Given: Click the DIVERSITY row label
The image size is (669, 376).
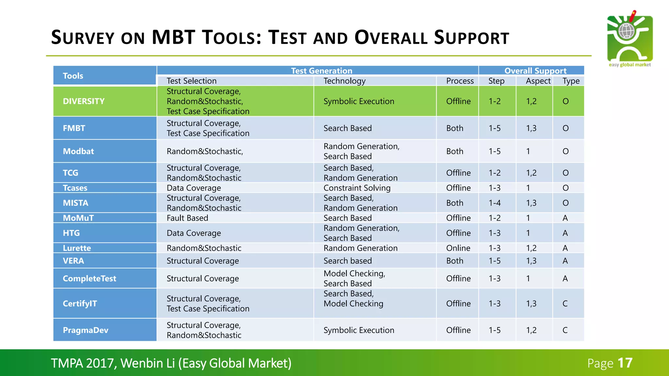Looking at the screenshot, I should coord(84,101).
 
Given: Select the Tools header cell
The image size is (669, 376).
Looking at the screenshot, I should coord(73,76).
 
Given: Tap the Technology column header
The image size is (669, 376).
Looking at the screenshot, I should coord(344,81).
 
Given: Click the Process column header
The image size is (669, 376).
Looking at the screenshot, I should coord(460,81).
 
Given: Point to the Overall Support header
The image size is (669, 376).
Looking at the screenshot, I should coord(535,70).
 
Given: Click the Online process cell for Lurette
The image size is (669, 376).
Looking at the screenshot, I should coord(458,248).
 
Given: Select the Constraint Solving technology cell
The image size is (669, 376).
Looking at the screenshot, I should coord(357,188).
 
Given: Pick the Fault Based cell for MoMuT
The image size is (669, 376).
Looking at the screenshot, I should coord(187,218).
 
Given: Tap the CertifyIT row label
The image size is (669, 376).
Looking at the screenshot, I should coord(80,304).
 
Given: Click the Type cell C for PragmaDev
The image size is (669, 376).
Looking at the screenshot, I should coord(565,330).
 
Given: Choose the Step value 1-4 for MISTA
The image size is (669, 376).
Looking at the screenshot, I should coord(494,203).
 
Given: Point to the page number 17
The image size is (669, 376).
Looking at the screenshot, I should coord(625,363).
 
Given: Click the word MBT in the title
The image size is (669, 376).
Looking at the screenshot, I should coord(173,37).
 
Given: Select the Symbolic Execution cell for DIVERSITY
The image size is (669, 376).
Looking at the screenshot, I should coord(359,101).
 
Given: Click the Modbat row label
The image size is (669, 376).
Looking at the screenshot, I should coord(78,151).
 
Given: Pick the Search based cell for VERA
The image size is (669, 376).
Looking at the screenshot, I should coord(347,261).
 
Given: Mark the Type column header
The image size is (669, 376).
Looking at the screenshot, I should coord(571,81).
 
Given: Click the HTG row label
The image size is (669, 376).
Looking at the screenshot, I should coord(71,233).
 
